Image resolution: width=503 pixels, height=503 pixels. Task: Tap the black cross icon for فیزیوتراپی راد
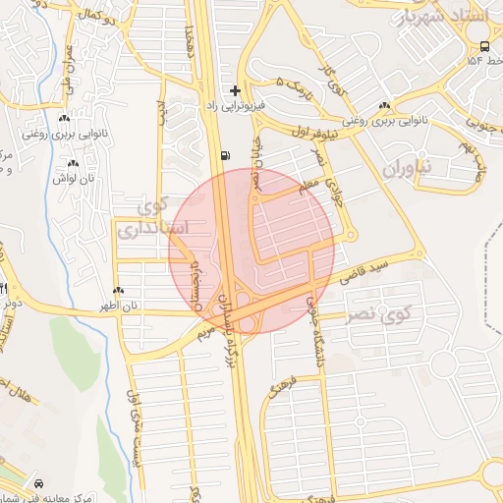click(235, 89)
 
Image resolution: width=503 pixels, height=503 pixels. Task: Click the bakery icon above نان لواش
click(74, 164)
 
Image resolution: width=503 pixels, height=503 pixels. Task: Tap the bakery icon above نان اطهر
click(119, 290)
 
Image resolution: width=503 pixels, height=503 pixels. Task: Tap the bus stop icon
click(484, 46)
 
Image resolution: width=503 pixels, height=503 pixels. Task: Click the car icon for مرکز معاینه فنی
click(38, 484)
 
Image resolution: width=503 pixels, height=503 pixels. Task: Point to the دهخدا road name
click(201, 39)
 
